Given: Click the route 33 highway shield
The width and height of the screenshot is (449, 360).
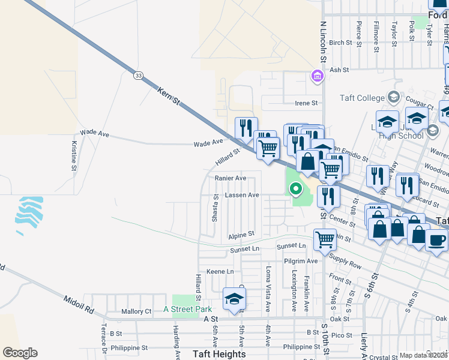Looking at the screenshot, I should coord(139,76).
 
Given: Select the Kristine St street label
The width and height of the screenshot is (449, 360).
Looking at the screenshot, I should coord(74,156).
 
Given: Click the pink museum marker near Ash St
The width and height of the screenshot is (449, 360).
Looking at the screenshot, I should coord(316,76).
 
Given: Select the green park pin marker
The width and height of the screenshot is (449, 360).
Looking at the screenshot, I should coord(295,189).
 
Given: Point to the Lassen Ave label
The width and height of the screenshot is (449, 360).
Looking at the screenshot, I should coord(242,195).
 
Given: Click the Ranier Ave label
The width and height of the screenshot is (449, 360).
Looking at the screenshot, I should coord(231,178).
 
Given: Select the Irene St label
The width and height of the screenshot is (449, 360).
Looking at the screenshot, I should coord(306,103).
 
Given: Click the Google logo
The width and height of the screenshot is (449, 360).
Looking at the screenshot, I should coord(20,353).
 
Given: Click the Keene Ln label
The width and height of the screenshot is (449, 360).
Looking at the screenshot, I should coord(220,272).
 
